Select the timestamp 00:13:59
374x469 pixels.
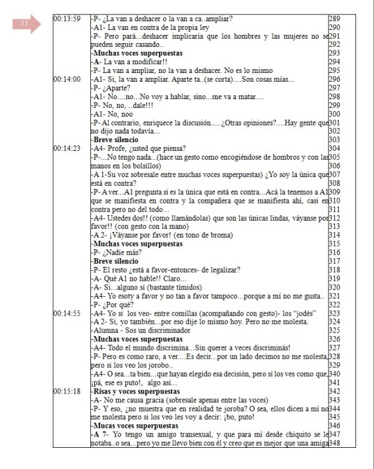(x=68, y=19)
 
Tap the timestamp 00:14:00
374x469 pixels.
(x=68, y=79)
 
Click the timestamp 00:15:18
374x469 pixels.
(x=68, y=391)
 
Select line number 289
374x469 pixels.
(x=334, y=19)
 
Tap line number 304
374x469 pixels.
(x=334, y=148)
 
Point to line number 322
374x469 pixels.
(x=334, y=304)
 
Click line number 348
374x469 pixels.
(x=334, y=442)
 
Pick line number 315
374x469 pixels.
(x=334, y=243)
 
